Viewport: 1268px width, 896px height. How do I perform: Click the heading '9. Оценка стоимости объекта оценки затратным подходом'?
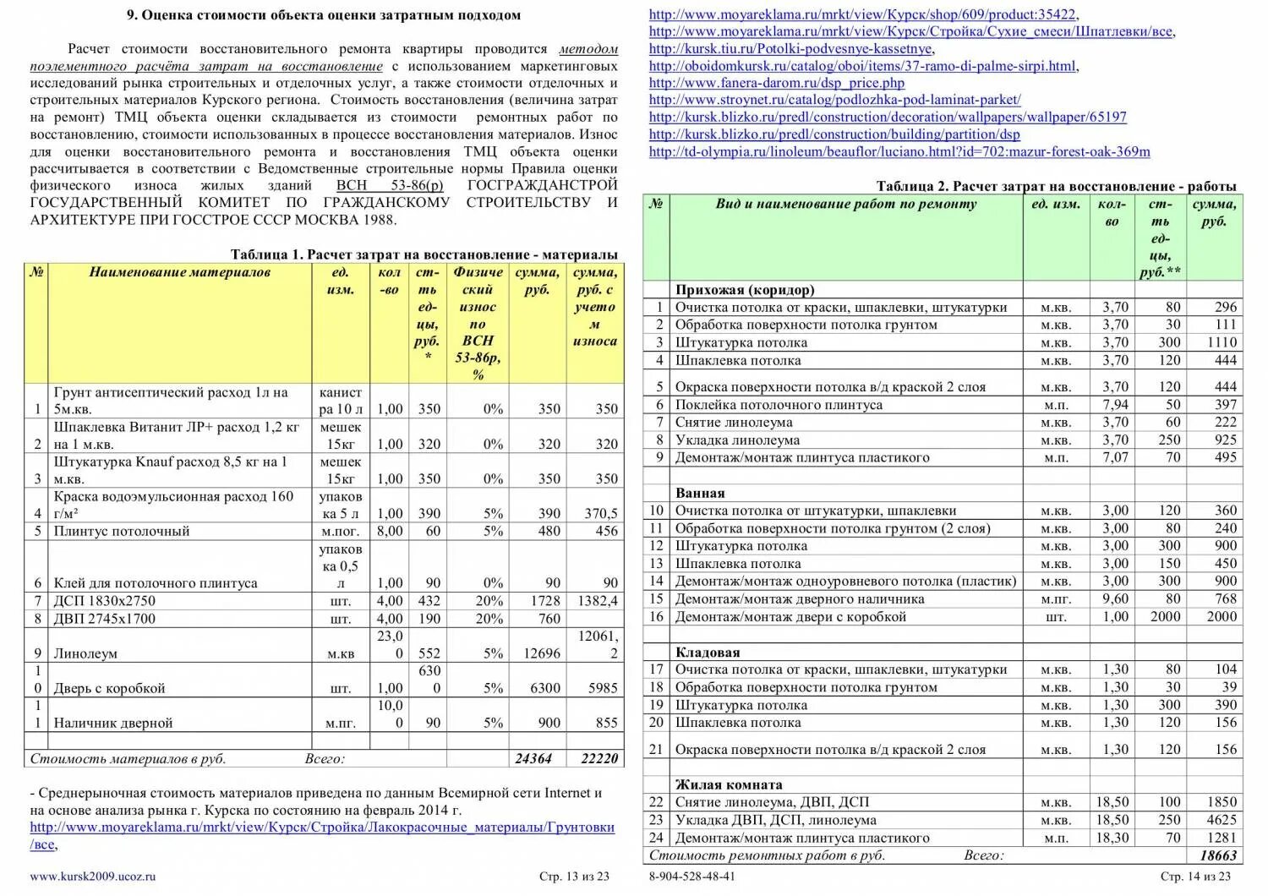[x=324, y=15]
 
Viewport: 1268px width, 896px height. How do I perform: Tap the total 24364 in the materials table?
[x=533, y=758]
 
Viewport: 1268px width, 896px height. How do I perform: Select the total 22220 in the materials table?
[x=599, y=758]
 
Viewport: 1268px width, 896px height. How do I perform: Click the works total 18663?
[x=1218, y=855]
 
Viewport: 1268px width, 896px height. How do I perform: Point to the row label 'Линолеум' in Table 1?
[x=85, y=653]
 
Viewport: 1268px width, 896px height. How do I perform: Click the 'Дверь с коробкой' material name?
[x=109, y=688]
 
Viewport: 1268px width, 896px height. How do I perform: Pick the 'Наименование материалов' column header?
[x=179, y=272]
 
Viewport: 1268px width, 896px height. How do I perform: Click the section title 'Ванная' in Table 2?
[x=700, y=493]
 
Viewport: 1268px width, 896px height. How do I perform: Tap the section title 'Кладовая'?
[x=708, y=652]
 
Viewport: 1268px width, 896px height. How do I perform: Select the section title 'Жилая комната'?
[x=729, y=784]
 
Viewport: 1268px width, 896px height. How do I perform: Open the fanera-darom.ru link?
[x=776, y=83]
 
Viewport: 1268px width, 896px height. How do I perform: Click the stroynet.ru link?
[x=834, y=100]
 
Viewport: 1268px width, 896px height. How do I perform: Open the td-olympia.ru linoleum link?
[x=899, y=152]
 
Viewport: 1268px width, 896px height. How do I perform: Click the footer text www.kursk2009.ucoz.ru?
[x=93, y=877]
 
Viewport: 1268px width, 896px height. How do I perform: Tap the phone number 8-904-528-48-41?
[x=691, y=877]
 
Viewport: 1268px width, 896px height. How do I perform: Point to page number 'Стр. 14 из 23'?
[x=1195, y=877]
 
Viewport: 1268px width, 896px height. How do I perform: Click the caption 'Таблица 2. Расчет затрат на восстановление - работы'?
[x=1056, y=186]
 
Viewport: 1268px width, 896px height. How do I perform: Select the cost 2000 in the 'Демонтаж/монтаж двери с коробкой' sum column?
[x=1221, y=616]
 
